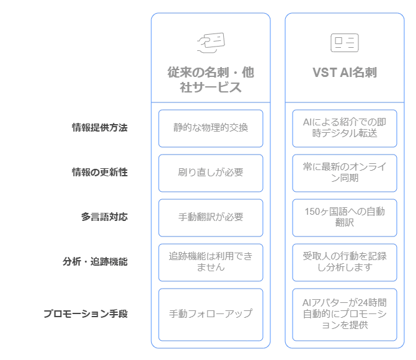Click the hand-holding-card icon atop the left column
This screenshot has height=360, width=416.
(211, 42)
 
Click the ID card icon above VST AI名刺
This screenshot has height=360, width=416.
(344, 42)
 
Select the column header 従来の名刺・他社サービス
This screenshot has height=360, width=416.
(211, 80)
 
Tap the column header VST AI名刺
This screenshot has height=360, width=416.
(344, 73)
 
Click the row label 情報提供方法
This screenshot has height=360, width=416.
(99, 128)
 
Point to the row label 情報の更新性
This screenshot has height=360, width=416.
(99, 173)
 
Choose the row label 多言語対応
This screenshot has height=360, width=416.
(104, 217)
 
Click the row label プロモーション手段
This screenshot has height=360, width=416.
(86, 314)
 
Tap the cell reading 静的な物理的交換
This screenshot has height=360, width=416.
(211, 128)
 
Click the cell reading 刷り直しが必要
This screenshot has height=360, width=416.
(211, 173)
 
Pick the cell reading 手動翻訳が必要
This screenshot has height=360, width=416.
(211, 217)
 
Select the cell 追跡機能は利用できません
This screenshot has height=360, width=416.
(211, 262)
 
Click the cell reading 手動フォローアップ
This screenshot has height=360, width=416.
(211, 314)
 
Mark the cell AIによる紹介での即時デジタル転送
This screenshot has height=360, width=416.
(344, 128)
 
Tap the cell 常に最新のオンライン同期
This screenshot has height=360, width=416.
(344, 173)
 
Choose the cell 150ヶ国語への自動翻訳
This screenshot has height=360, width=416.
(344, 217)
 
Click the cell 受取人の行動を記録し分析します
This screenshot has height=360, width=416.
(344, 262)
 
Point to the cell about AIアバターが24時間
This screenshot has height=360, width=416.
(344, 314)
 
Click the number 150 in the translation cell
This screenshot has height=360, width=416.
(312, 212)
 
